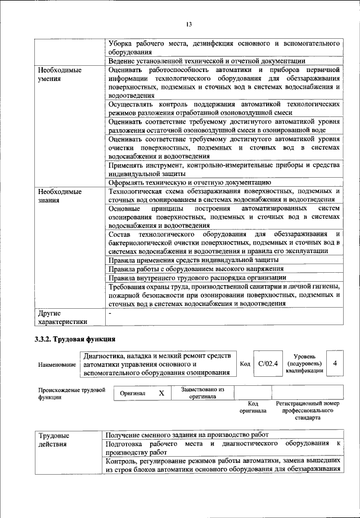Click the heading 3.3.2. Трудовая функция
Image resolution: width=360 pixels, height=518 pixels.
[x=76, y=339]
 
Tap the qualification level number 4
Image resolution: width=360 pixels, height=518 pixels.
[x=335, y=363]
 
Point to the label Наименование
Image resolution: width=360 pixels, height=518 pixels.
[x=57, y=364]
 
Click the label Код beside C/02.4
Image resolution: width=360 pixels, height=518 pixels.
[x=245, y=364]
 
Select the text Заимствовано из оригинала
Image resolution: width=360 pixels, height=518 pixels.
[x=202, y=393]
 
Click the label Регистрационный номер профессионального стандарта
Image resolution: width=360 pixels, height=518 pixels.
[x=307, y=411]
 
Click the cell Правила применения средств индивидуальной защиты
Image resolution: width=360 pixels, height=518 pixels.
[x=193, y=260]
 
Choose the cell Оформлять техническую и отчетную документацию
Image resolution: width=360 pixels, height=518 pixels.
[x=190, y=182]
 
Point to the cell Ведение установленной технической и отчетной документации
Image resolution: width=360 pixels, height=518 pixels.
[x=206, y=61]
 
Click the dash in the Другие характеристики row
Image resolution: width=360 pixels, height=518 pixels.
[x=110, y=313]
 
